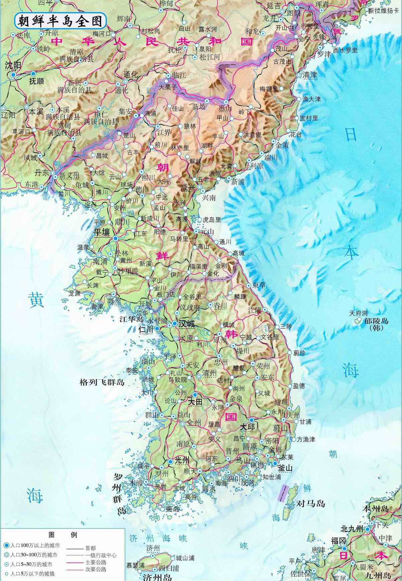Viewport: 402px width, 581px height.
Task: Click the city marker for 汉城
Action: pyautogui.click(x=175, y=324)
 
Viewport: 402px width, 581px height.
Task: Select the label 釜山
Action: pyautogui.click(x=285, y=468)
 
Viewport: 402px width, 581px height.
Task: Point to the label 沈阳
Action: pyautogui.click(x=13, y=65)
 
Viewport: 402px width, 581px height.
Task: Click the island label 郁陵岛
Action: pyautogui.click(x=376, y=321)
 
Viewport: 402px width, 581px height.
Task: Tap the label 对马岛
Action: pyautogui.click(x=311, y=503)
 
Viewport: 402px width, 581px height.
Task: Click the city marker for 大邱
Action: pyautogui.click(x=251, y=420)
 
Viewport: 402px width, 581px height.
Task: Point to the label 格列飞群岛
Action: pyautogui.click(x=102, y=382)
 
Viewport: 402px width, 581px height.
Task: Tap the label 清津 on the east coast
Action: pyautogui.click(x=309, y=75)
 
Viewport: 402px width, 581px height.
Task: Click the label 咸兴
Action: pyautogui.click(x=188, y=188)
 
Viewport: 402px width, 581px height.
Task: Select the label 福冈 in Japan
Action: pyautogui.click(x=338, y=541)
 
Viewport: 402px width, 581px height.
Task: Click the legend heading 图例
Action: pyautogui.click(x=63, y=535)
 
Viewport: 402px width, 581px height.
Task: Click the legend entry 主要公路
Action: pyautogui.click(x=96, y=562)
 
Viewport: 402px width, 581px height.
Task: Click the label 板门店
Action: pyautogui.click(x=166, y=295)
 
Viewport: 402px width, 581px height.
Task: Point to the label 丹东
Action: pyautogui.click(x=42, y=172)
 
